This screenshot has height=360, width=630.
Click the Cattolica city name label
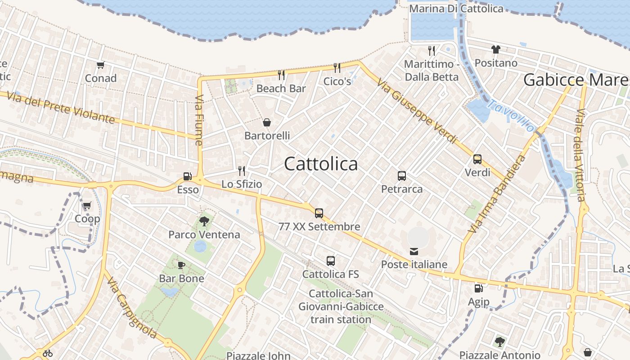[321, 164]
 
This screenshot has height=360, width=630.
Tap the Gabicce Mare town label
[576, 80]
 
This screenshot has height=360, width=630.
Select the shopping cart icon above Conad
[100, 65]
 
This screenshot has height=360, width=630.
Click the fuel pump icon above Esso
[187, 176]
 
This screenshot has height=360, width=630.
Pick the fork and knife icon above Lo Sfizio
[242, 171]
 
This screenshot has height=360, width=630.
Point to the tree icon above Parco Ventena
[204, 221]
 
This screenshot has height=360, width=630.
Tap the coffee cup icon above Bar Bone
[181, 265]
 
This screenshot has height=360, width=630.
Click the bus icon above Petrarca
[402, 176]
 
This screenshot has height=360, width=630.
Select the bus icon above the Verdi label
[477, 159]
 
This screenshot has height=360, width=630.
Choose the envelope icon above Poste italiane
[414, 251]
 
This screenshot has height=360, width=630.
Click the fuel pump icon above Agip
[478, 288]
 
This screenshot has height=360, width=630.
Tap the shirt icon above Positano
[496, 49]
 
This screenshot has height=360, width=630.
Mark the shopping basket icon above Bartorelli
[267, 122]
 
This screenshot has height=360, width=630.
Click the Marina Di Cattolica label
[456, 9]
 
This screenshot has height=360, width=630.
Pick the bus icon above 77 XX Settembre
[319, 213]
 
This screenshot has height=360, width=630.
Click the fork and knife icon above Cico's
[337, 68]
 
